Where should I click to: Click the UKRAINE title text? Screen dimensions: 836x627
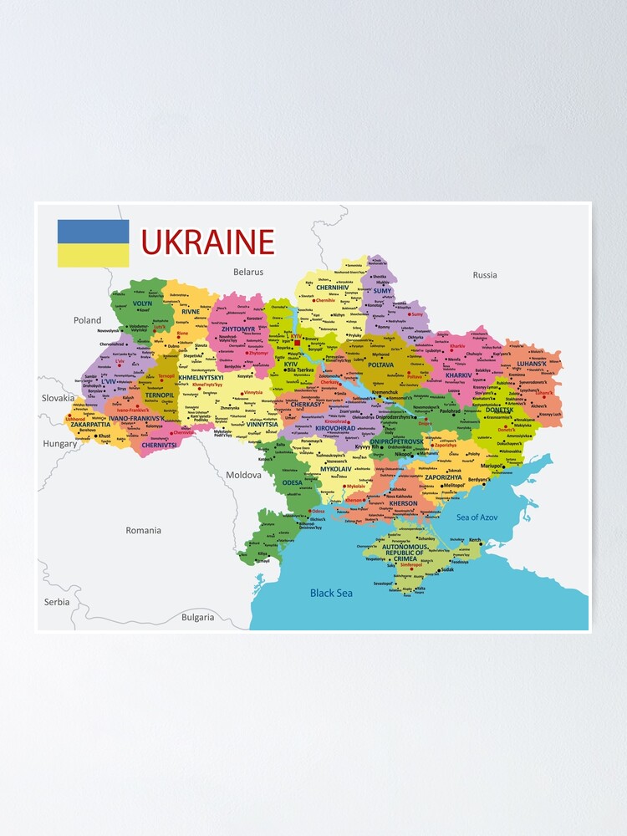[207, 242]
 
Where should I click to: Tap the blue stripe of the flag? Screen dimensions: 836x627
[93, 232]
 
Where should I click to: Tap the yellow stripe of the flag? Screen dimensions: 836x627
[93, 255]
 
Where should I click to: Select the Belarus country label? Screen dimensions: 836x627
[248, 272]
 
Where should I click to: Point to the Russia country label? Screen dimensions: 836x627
[485, 275]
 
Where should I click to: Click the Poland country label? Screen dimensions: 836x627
[87, 320]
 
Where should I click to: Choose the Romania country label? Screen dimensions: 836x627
[144, 530]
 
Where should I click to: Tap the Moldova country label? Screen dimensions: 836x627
[243, 475]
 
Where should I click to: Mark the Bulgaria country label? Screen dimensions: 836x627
[198, 618]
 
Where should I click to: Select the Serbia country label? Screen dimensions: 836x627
[58, 602]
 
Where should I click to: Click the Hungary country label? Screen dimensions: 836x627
[60, 444]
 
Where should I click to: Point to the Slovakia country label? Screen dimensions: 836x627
[58, 398]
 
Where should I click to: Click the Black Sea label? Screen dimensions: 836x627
[331, 593]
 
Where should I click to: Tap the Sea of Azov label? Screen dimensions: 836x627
[477, 517]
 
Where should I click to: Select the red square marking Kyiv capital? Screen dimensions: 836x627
[297, 342]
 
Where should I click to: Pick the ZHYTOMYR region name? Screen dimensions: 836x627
[238, 329]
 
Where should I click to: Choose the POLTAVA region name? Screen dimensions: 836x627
[380, 364]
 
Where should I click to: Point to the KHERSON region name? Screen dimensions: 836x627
[403, 503]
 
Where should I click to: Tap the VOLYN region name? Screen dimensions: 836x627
[142, 303]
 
